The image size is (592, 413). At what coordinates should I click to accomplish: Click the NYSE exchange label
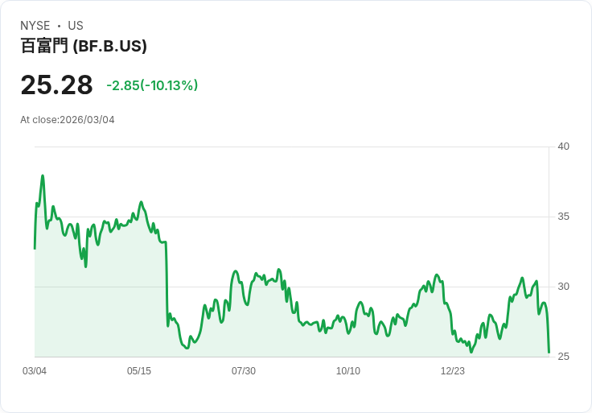35,26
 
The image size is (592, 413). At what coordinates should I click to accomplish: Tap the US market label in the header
76,26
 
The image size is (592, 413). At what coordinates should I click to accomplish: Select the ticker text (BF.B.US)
110,47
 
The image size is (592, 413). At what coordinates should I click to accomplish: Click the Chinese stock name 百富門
44,47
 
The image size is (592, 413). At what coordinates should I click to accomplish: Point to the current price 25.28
56,85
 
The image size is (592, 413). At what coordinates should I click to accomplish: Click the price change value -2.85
123,85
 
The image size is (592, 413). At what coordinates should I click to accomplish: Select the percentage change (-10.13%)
170,85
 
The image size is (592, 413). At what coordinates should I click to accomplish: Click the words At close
39,120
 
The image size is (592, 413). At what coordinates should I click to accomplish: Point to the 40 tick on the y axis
564,147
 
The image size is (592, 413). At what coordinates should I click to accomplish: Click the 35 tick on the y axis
564,217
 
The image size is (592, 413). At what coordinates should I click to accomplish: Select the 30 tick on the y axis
564,287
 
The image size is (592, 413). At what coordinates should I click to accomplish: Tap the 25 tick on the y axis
564,357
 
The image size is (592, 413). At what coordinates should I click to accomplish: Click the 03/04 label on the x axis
35,371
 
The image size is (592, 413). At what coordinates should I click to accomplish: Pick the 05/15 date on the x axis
139,371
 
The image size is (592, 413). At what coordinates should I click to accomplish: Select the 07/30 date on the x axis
244,371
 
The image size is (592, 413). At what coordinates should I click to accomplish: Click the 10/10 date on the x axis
348,371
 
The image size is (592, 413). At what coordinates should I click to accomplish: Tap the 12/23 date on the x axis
453,371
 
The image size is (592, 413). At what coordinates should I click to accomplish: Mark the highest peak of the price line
43,176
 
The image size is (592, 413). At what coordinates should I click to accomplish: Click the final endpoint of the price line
549,352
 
